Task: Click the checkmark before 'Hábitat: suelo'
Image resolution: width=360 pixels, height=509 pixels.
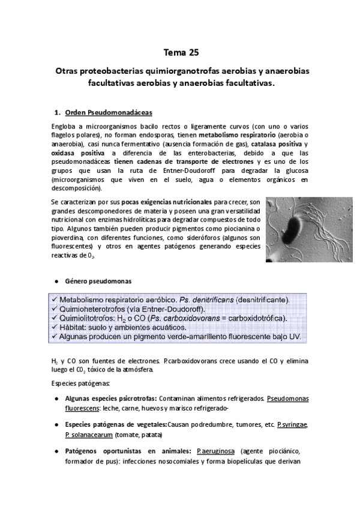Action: (54, 327)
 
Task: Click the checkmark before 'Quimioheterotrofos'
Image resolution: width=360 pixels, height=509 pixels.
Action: (54, 309)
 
